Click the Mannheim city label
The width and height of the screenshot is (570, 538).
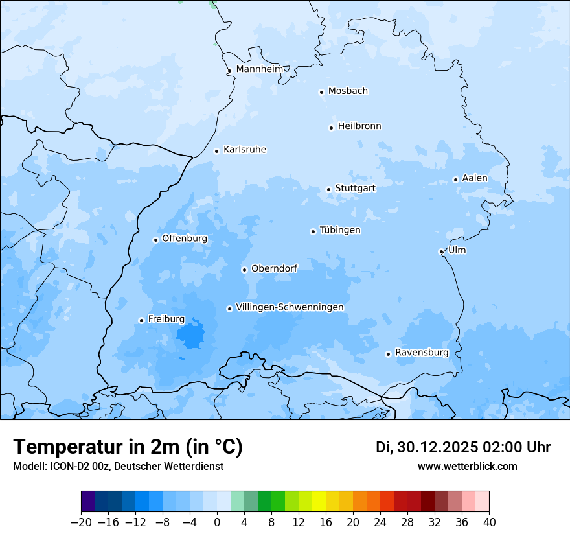[x=260, y=69]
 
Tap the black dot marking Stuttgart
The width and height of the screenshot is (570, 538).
[x=328, y=189]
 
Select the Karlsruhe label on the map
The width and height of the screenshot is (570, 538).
[x=244, y=150]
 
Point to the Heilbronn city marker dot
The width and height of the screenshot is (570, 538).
[x=331, y=128]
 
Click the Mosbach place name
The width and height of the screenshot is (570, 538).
[x=348, y=91]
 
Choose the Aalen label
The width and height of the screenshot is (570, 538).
[x=475, y=178]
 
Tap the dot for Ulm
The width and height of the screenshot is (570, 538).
[x=441, y=251]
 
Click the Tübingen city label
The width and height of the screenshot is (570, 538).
[x=340, y=230]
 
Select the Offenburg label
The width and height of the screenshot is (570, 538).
[x=185, y=239]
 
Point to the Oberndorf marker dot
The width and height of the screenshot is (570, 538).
[x=244, y=270]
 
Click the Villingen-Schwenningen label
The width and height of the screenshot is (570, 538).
[x=290, y=307]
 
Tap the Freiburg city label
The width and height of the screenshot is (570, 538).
[x=166, y=319]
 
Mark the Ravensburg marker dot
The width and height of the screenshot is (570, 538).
[x=388, y=354]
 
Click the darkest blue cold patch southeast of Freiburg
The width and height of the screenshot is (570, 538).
[x=190, y=336]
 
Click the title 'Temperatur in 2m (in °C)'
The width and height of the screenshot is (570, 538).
[x=128, y=447]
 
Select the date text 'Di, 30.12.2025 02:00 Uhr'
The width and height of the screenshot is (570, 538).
[x=463, y=447]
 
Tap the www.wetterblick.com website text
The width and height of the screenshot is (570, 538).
[x=467, y=466]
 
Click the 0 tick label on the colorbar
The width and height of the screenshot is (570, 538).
[x=217, y=522]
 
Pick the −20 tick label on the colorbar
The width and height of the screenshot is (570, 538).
[x=81, y=522]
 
